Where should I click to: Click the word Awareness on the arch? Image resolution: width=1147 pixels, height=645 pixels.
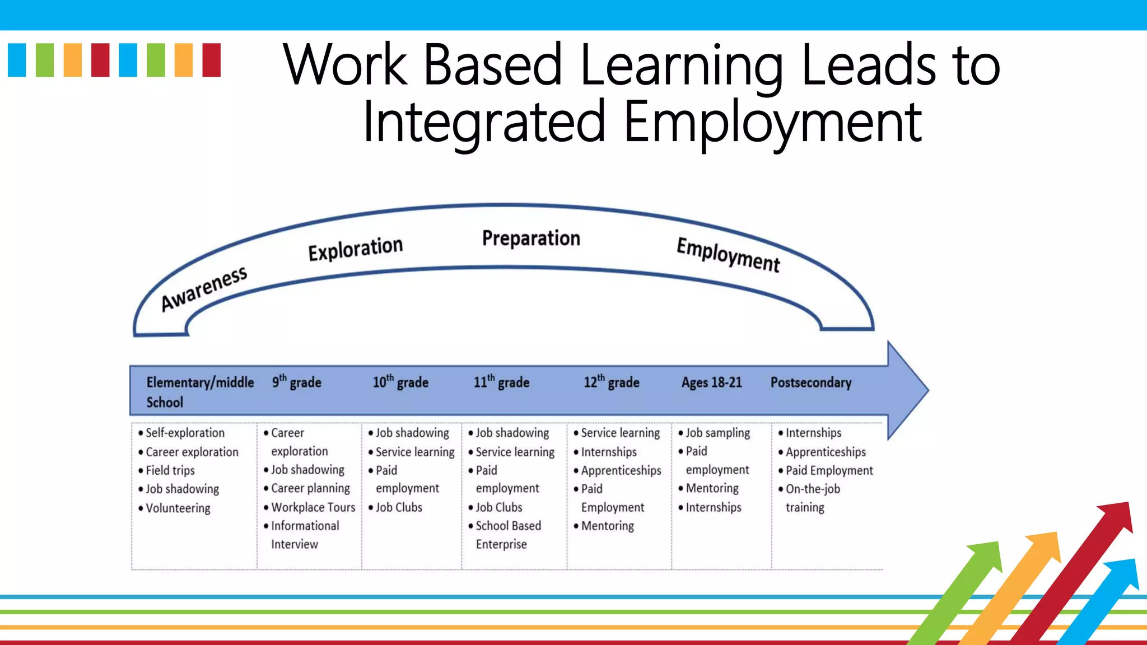(204, 288)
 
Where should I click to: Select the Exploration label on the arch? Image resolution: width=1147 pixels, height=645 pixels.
(355, 248)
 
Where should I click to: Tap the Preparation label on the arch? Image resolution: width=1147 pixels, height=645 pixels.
(531, 239)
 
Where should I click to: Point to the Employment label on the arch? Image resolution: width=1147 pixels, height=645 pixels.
(728, 255)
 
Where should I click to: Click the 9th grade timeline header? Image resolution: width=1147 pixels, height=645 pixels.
(297, 382)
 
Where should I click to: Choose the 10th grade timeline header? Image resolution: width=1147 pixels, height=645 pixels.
(400, 382)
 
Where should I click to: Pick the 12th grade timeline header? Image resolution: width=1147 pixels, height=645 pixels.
(611, 382)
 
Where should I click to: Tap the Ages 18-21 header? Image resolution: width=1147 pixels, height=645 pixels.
(711, 382)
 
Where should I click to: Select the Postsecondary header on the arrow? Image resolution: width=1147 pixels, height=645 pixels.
(810, 382)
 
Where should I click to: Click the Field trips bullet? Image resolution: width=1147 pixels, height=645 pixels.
(170, 470)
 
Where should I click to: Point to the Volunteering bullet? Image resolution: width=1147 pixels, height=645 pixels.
(178, 508)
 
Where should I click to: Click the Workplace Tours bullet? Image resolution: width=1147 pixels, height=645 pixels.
(313, 507)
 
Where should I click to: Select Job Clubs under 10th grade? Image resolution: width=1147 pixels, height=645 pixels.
(398, 507)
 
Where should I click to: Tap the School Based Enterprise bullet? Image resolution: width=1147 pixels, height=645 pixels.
(507, 535)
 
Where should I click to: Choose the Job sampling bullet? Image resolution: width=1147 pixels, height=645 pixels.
(717, 433)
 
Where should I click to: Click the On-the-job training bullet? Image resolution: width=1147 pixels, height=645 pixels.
(812, 498)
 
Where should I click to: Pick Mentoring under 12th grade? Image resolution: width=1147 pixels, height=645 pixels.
(607, 526)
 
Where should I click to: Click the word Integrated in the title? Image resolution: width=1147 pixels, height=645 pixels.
(484, 121)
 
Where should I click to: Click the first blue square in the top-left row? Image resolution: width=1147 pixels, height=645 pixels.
(17, 60)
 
